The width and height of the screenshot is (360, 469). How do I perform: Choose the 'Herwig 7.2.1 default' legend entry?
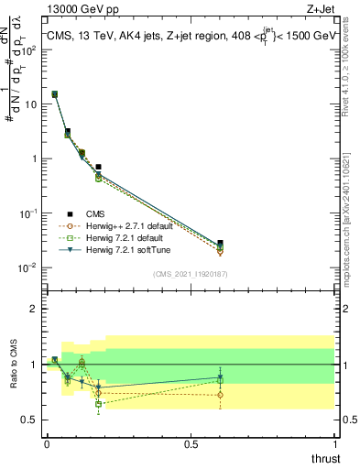pos(128,237)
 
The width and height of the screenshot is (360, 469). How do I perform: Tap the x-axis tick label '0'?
pos(46,443)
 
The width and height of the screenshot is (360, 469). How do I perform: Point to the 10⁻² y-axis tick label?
pos(29,267)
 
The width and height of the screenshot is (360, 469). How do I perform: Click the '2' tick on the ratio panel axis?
pos(34,309)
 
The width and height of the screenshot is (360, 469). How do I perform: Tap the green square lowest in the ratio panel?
pos(98,404)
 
